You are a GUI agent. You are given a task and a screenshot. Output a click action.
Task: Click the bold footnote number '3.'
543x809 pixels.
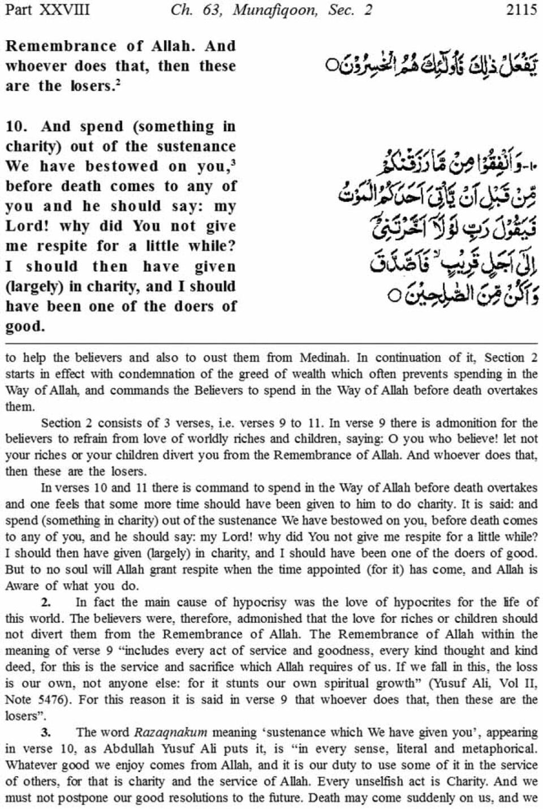point(46,732)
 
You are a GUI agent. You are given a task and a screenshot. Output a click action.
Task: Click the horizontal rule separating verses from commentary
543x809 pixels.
point(271,343)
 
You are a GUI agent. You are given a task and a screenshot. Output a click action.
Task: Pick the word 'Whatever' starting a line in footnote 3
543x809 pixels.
point(28,765)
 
